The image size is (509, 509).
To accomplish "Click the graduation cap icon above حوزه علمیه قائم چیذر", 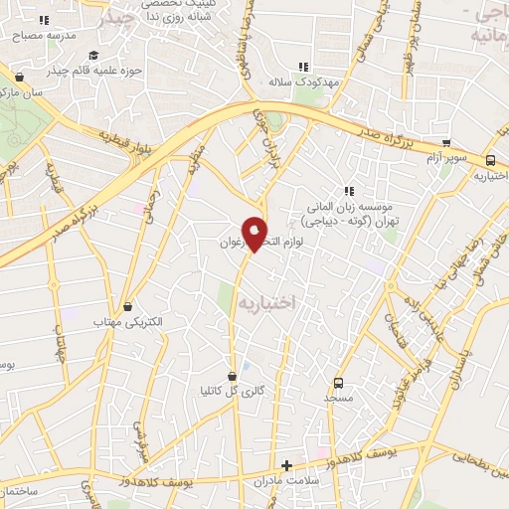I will [93, 56].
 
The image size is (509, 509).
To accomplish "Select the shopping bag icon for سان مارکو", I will [20, 76].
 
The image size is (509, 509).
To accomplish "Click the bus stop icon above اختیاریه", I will [490, 161].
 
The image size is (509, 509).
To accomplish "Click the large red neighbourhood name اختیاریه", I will [269, 299].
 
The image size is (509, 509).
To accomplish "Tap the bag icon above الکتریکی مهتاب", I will [126, 309].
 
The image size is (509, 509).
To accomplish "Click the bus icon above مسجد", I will [338, 383].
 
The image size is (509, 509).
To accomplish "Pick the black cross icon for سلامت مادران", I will [287, 464].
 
